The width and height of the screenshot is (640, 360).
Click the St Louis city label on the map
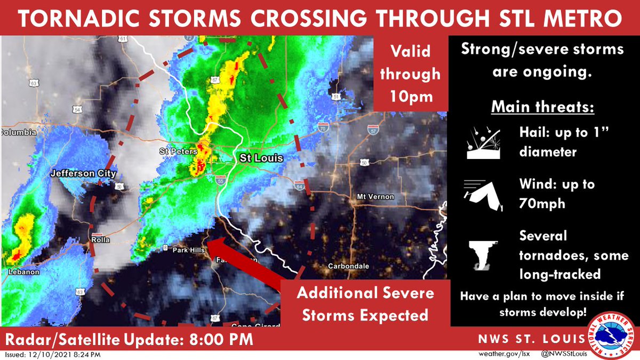[261, 158]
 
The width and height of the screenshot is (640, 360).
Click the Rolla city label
[100, 240]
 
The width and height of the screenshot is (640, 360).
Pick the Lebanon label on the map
[24, 272]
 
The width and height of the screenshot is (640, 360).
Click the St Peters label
[174, 151]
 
